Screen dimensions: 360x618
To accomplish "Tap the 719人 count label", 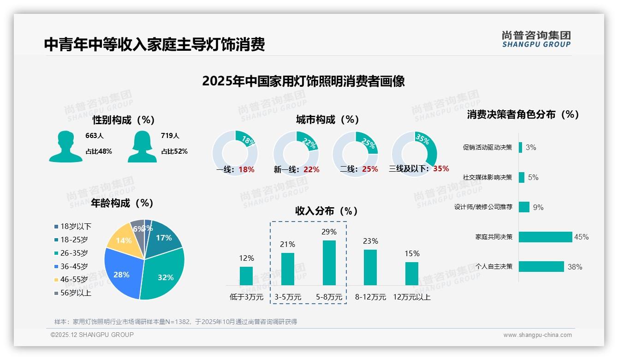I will click(170, 136).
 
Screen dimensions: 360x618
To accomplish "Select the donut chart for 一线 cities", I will click(235, 153).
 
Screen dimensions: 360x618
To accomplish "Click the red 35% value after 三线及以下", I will click(441, 168).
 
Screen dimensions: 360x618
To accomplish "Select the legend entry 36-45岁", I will click(74, 266).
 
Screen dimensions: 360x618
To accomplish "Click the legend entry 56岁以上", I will click(76, 293).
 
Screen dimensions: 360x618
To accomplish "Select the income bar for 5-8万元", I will click(329, 263).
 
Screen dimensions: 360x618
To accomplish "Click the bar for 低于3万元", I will click(246, 276).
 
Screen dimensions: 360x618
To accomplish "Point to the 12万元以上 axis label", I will click(411, 297).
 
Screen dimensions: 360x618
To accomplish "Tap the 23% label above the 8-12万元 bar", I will click(370, 241).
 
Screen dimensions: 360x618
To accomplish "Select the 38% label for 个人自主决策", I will click(575, 267).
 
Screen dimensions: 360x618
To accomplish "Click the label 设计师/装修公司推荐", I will click(483, 207).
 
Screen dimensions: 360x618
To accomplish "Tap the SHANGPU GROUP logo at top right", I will click(536, 39).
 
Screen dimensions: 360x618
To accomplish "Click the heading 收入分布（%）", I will click(327, 211).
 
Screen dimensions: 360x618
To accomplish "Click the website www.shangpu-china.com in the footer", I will click(537, 335).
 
